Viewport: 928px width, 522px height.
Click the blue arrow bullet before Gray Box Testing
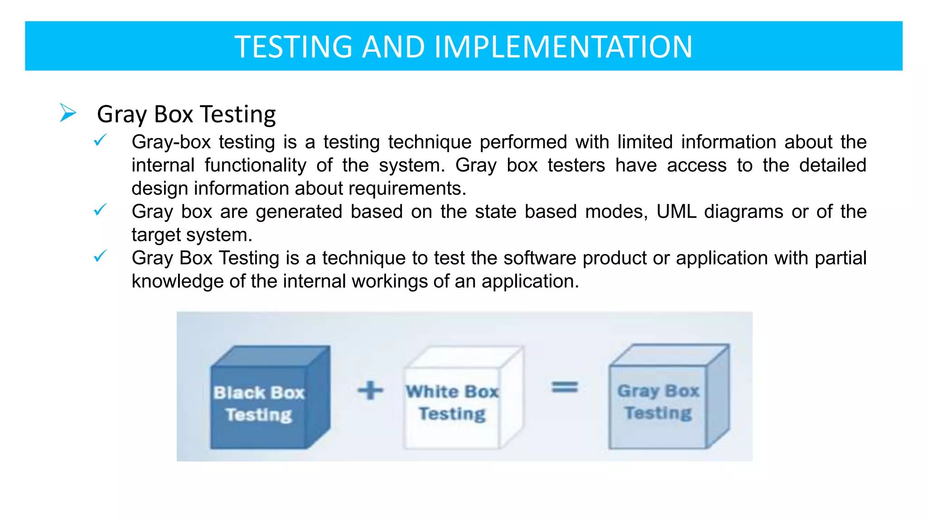tap(68, 113)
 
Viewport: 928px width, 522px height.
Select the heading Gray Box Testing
tap(186, 114)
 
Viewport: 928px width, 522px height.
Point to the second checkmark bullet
tap(100, 210)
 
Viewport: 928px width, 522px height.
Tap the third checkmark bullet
tap(100, 256)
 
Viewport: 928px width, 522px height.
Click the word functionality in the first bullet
tap(255, 165)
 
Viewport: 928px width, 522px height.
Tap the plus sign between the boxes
tap(370, 390)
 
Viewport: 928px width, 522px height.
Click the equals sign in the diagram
tap(564, 387)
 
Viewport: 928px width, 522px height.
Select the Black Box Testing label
tap(259, 404)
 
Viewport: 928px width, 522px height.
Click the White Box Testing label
tap(452, 402)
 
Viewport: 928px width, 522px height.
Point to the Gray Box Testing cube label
tap(658, 401)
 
